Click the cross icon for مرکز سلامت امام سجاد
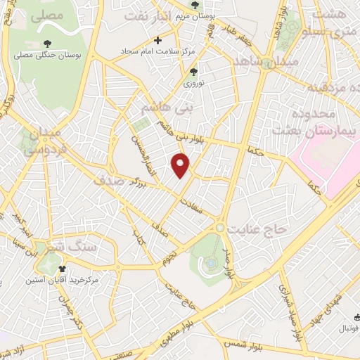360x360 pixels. (x=157, y=41)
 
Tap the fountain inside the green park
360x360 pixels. (x=209, y=264)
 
